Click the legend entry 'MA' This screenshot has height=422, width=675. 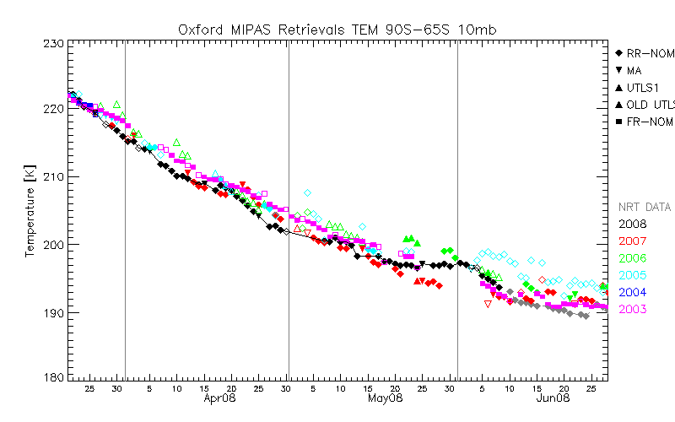(x=634, y=71)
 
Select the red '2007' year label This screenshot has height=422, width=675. (x=632, y=241)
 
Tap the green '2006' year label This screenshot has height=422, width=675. (x=632, y=258)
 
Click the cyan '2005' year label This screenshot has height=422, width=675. (x=632, y=275)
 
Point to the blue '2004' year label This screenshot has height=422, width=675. (x=632, y=292)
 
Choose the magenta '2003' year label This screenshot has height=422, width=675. (x=632, y=310)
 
